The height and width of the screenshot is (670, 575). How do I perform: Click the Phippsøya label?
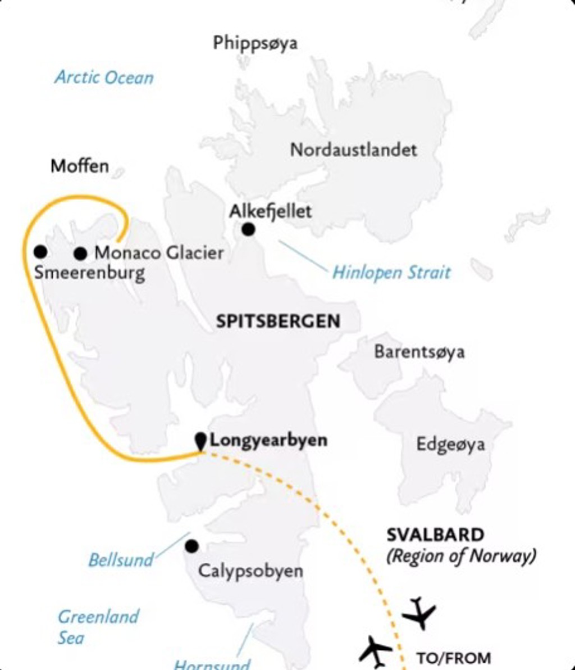coord(255,43)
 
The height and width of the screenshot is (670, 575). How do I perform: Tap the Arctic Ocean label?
coord(104,77)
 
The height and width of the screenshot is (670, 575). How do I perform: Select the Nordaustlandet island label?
coord(353,150)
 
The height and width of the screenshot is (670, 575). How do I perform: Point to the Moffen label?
coord(80,166)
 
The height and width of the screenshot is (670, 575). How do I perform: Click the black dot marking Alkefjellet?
coord(248,229)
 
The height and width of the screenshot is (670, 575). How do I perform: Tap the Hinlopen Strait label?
coord(391,273)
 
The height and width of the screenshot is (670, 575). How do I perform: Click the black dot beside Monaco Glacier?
coord(80,254)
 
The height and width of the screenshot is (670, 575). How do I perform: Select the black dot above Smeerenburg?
coord(40,251)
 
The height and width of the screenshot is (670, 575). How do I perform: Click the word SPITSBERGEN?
coord(278,322)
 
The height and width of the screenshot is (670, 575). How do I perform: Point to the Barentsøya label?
coord(419,352)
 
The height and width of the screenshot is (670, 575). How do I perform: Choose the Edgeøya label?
coord(450,445)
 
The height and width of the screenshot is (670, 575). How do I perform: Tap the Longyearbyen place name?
coord(268,440)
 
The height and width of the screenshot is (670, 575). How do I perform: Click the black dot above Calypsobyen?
coord(191,546)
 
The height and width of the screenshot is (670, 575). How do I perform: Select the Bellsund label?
coord(121,560)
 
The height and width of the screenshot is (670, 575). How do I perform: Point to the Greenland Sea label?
coord(98,627)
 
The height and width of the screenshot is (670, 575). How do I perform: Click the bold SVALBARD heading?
coord(435,535)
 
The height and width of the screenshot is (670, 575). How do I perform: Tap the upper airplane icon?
coord(419,613)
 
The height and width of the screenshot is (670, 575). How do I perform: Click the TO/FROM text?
coord(453,658)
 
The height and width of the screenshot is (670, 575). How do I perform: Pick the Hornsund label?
coord(211,665)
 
